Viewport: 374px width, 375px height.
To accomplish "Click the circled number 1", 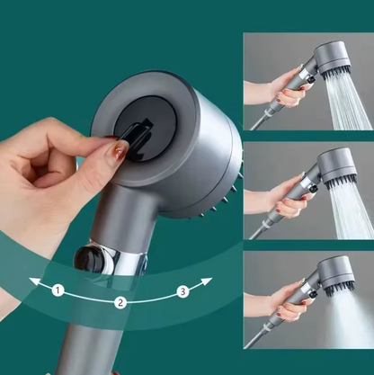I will (x=58, y=290).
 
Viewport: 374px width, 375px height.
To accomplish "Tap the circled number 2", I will (x=120, y=302).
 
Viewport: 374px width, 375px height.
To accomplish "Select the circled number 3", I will (x=183, y=290).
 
